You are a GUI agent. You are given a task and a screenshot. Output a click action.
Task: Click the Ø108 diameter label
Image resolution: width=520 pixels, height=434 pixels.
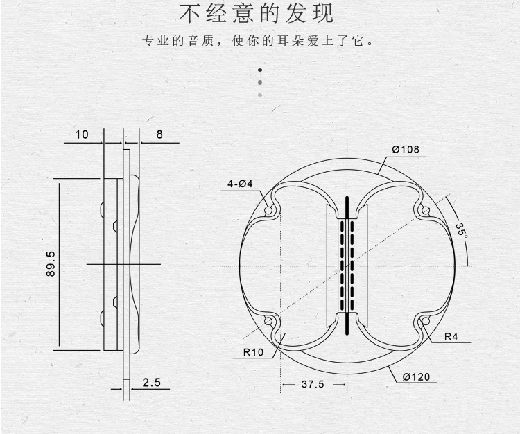point(406,150)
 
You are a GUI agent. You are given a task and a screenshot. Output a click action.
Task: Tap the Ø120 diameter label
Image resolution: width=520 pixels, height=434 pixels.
point(416,377)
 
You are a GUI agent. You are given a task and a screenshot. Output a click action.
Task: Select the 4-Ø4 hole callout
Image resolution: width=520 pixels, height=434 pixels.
point(240,184)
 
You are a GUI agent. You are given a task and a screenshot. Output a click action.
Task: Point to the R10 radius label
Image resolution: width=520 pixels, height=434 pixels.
point(253,352)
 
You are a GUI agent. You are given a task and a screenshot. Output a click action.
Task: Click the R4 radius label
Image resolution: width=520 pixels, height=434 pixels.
point(451,337)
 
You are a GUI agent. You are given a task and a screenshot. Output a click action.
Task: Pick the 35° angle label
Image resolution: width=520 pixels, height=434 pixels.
point(461,229)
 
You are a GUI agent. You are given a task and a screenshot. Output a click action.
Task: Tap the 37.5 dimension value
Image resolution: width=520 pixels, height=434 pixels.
point(313,384)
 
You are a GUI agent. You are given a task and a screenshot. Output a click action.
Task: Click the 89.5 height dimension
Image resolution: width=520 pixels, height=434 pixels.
point(51,264)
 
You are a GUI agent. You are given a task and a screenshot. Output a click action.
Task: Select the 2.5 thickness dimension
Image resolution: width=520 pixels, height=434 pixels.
point(152,383)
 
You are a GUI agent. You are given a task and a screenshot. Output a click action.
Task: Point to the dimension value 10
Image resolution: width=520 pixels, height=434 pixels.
point(82,134)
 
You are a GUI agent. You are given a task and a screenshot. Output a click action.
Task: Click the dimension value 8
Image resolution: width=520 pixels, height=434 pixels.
point(159,134)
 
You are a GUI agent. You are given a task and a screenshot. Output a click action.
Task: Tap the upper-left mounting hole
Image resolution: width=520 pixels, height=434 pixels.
point(268,210)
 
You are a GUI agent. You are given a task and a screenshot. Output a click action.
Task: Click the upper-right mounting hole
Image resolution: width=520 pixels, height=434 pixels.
point(426,210)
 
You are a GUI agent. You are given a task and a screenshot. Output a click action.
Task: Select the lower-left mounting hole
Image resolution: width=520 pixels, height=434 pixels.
point(268,321)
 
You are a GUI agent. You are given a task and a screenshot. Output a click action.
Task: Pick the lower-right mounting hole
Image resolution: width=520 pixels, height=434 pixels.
point(426,321)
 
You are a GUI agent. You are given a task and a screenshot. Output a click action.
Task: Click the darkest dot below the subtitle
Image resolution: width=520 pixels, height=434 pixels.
point(260,70)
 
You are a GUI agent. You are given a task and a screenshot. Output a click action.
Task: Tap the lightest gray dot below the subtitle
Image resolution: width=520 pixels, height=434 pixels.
point(260,95)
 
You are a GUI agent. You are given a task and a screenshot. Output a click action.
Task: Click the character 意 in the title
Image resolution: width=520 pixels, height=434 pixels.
point(243,13)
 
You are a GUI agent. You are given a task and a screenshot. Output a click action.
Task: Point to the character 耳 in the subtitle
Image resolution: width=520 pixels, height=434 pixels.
point(282,41)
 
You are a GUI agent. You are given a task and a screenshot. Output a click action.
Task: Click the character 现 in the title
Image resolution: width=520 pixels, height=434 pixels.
point(322,13)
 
